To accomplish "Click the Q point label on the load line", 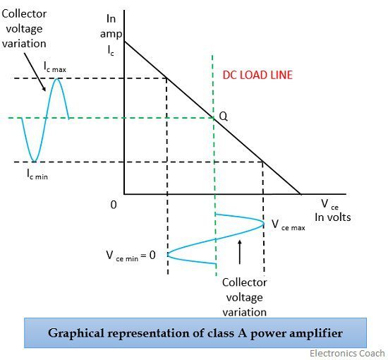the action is pyautogui.click(x=223, y=116).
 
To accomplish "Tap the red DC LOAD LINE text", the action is pyautogui.click(x=257, y=76).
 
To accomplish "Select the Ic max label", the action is pyautogui.click(x=55, y=66).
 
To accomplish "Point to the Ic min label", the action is pyautogui.click(x=37, y=174).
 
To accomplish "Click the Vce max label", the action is pyautogui.click(x=289, y=224).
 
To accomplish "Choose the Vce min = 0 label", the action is pyautogui.click(x=131, y=256).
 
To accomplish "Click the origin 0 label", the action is pyautogui.click(x=114, y=205).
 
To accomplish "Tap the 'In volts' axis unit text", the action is pyautogui.click(x=333, y=217).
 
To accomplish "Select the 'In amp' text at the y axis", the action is pyautogui.click(x=111, y=26).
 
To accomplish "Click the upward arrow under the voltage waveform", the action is pyautogui.click(x=239, y=252).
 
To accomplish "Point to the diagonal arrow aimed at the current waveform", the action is pyautogui.click(x=35, y=72).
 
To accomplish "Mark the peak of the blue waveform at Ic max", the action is pyautogui.click(x=57, y=78).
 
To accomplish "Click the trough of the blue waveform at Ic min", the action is pyautogui.click(x=35, y=162).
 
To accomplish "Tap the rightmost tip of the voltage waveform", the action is pyautogui.click(x=264, y=224).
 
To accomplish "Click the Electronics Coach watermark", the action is pyautogui.click(x=347, y=354).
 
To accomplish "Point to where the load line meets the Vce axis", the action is pyautogui.click(x=301, y=194).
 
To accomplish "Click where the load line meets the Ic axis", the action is pyautogui.click(x=124, y=41).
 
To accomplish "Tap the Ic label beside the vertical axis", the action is pyautogui.click(x=111, y=51).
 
